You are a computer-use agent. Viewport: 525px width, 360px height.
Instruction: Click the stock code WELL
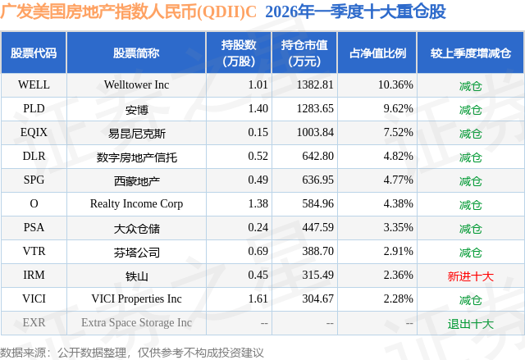[x=34, y=84]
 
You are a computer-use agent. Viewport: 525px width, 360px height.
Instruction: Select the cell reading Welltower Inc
[x=136, y=84]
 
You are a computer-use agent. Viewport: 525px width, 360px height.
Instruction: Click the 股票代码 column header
[x=34, y=52]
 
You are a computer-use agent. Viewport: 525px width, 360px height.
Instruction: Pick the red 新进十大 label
[x=470, y=276]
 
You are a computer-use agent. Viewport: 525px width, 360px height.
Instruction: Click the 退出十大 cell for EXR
[x=470, y=323]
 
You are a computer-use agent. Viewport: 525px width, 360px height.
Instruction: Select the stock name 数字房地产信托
[x=136, y=156]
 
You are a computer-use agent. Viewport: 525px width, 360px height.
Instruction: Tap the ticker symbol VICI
[x=34, y=299]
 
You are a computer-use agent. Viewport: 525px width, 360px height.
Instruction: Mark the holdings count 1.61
[x=258, y=299]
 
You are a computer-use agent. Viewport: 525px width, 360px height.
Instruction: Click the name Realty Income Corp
[x=136, y=203]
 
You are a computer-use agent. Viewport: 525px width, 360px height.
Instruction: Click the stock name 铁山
[x=136, y=276]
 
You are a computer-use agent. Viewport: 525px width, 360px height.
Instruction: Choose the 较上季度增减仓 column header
[x=470, y=52]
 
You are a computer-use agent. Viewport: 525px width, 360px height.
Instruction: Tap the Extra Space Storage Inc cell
[x=136, y=323]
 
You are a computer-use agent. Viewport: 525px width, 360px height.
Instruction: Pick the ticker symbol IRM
[x=34, y=276]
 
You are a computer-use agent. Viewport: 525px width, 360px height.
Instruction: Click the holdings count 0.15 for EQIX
[x=258, y=132]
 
